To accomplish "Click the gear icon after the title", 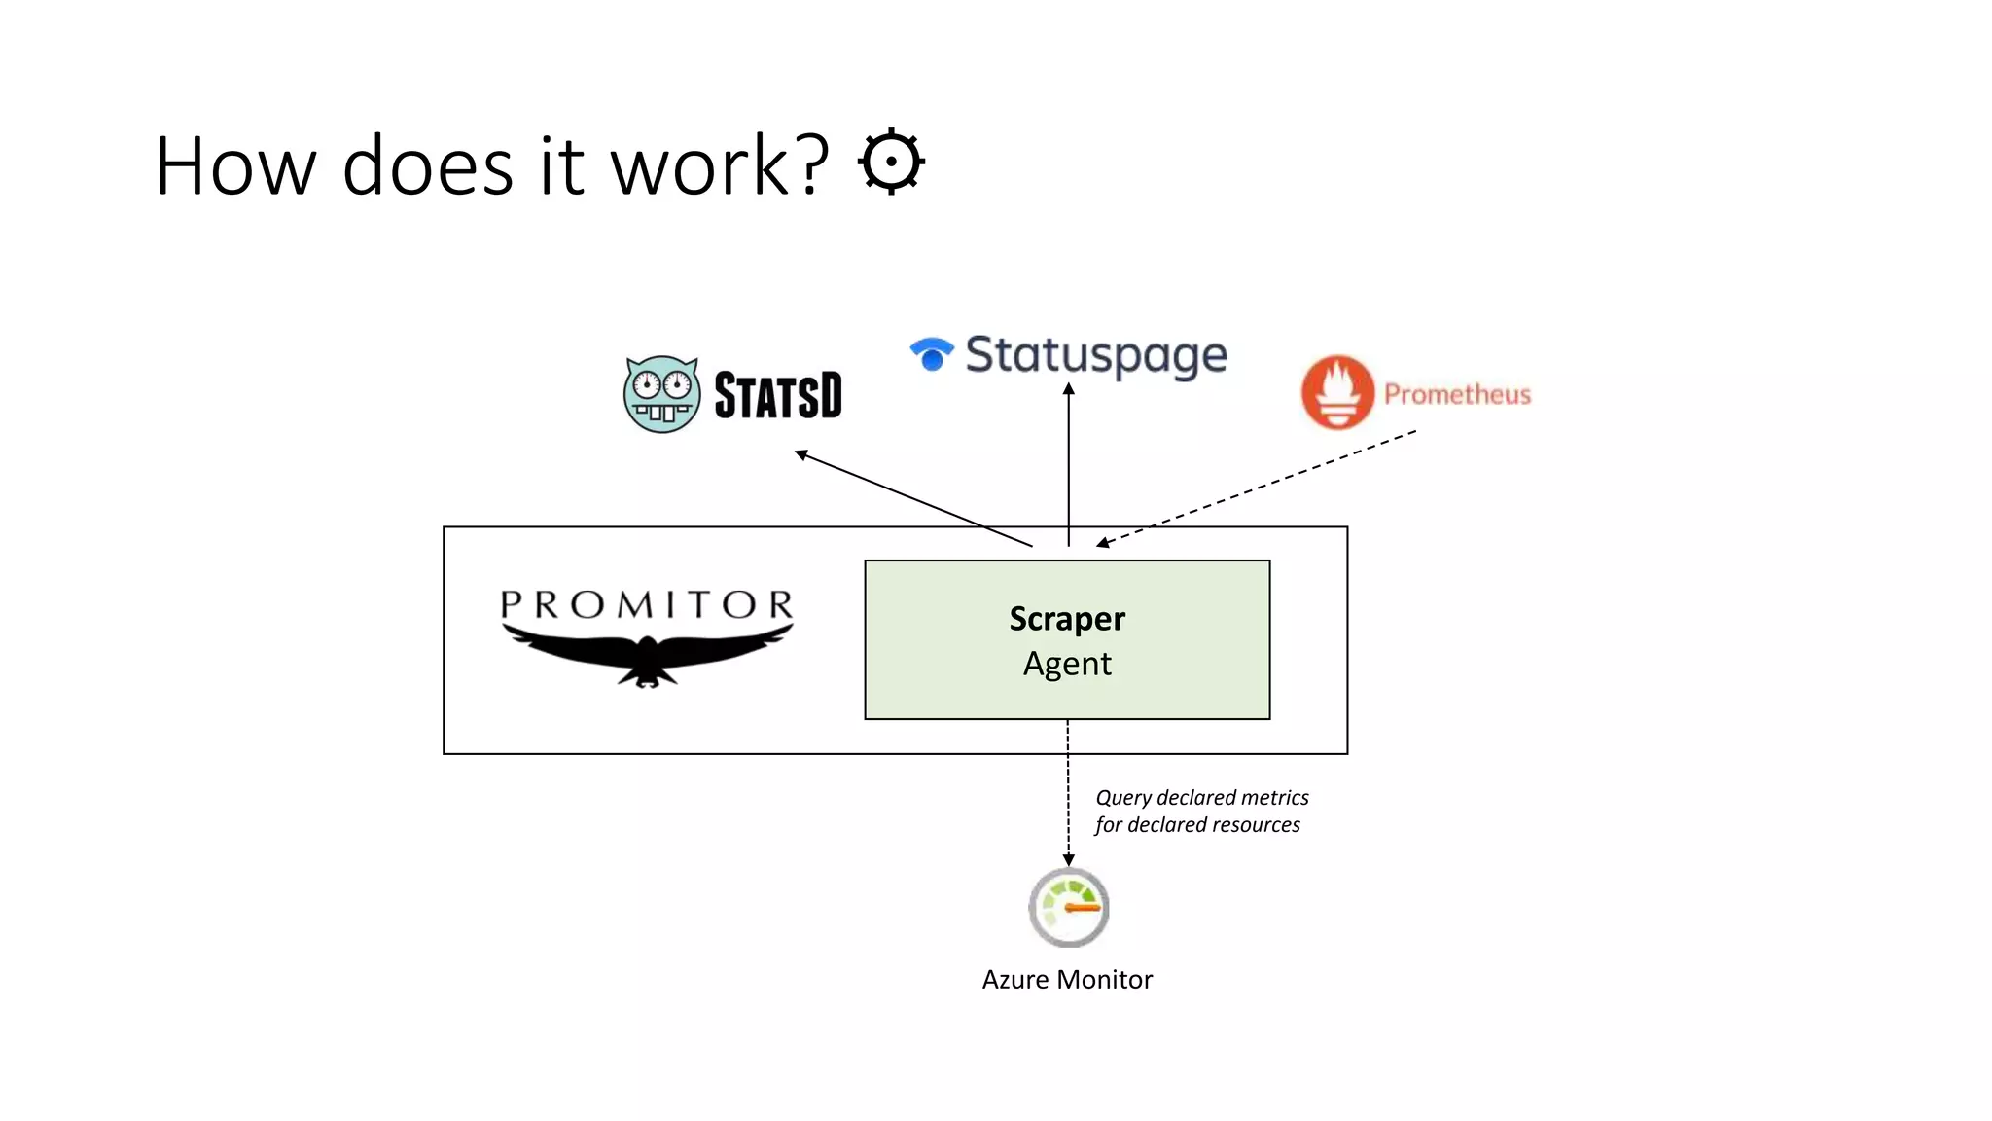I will pos(891,162).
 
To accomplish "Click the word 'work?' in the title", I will pos(720,166).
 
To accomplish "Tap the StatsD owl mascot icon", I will pos(661,394).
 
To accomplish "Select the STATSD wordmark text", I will pos(778,395).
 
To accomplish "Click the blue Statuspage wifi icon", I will pos(932,353).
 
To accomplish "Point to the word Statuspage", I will pos(1096,355).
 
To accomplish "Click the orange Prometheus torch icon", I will pos(1337,392).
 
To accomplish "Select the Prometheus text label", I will pos(1457,394).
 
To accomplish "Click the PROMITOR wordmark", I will pos(647,605).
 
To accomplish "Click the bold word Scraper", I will pos(1067,619).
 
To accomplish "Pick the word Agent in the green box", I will pos(1067,664).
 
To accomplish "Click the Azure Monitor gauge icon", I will pos(1069,907).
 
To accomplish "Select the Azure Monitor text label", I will pos(1067,979).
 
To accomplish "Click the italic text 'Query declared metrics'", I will pos(1202,798).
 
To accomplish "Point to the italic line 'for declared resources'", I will pos(1197,825).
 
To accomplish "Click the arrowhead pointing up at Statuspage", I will pos(1068,389).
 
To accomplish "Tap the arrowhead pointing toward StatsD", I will pos(801,454).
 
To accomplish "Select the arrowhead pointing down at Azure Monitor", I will pos(1068,859).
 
